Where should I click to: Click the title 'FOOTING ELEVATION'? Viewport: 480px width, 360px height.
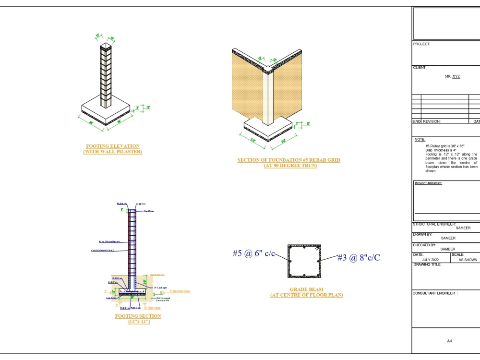click(113, 146)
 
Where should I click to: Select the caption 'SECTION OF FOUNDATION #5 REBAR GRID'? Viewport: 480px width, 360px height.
click(288, 160)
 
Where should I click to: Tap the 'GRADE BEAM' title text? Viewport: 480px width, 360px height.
click(306, 289)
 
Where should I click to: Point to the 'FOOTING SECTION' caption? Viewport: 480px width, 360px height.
click(138, 316)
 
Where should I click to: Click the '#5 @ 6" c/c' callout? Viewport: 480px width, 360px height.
click(254, 253)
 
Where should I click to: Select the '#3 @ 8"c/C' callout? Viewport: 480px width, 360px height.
click(359, 258)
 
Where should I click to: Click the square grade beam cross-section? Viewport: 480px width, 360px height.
click(304, 261)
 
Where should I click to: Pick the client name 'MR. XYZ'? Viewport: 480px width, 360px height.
click(452, 76)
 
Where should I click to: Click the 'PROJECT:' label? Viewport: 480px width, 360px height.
click(422, 44)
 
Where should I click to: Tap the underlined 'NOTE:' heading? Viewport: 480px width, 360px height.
click(420, 139)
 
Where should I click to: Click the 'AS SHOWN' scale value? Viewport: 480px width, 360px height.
click(468, 260)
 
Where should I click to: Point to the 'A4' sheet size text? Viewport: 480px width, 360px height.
click(449, 341)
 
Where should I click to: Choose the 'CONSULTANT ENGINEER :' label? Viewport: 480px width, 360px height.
click(435, 293)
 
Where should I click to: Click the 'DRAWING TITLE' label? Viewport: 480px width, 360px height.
click(427, 264)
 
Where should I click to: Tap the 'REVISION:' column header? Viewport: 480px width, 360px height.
click(431, 121)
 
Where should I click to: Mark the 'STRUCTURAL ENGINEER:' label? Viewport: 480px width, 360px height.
click(434, 224)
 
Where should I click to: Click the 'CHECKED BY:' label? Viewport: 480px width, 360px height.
click(425, 245)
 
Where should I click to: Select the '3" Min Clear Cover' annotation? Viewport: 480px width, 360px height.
click(180, 291)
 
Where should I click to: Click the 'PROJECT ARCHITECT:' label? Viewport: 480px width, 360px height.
click(429, 183)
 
